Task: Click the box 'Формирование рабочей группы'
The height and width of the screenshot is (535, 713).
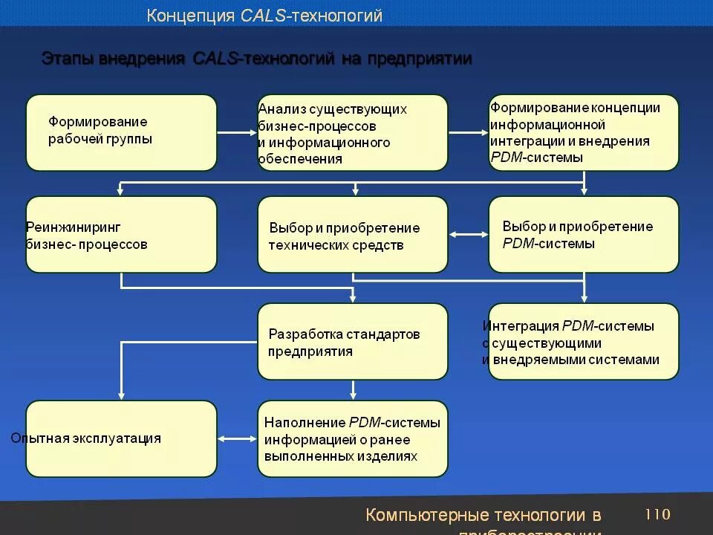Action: coord(121,132)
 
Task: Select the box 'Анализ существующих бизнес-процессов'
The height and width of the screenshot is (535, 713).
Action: coord(353,132)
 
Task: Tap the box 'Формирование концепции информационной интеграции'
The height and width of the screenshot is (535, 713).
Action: coord(584,132)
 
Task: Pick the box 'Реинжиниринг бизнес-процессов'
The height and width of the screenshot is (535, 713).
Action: coord(121,234)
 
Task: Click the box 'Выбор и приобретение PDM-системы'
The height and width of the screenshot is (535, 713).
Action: coord(584,234)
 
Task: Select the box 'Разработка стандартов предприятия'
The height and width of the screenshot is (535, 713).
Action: coord(353,341)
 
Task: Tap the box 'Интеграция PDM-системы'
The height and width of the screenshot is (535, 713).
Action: coord(584,341)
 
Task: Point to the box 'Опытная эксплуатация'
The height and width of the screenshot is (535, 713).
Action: coord(121,438)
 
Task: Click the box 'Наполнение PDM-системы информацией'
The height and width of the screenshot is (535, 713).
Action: coord(353,438)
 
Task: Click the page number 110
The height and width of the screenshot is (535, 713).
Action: coord(657,514)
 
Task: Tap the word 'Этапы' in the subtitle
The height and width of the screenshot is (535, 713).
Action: coord(67,59)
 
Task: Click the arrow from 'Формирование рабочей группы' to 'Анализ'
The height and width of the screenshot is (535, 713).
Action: coord(236,133)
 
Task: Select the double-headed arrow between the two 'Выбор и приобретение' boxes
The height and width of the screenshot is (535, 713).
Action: coord(468,235)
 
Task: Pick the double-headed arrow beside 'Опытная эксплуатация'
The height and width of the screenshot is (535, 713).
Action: coord(237,438)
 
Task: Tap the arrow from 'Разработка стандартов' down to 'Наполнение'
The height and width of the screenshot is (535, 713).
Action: coord(353,390)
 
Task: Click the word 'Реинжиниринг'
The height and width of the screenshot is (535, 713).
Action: coord(74,227)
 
